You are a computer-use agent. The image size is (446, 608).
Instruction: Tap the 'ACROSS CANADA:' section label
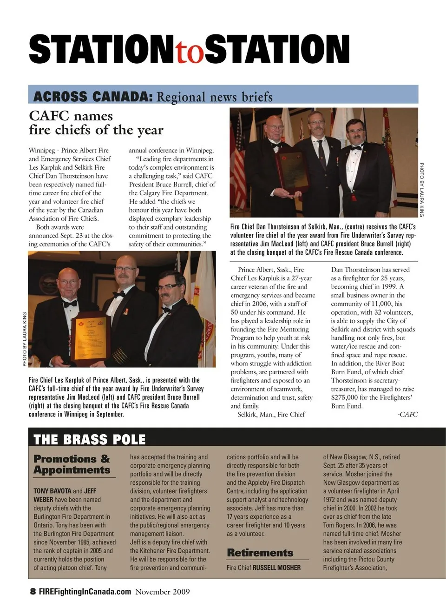point(93,96)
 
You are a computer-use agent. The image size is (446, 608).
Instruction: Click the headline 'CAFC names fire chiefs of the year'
point(96,123)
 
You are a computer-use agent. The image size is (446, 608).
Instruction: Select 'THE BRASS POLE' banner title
point(90,439)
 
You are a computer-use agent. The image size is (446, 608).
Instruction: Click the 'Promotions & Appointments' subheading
point(72,464)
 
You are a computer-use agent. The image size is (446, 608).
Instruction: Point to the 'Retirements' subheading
point(260,553)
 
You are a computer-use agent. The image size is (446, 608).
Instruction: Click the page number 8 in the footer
point(33,592)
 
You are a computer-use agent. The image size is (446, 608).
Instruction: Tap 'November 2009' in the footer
point(163,592)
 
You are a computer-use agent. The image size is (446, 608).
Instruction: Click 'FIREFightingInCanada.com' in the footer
point(85,592)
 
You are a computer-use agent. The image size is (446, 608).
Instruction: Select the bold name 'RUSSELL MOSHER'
point(276,568)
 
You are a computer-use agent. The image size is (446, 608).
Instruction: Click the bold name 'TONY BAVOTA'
point(52,491)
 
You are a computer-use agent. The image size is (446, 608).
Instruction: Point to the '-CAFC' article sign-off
point(407,414)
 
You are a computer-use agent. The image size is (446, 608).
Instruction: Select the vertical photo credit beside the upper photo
point(422,189)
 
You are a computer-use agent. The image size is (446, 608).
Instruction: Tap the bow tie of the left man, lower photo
point(70,303)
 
